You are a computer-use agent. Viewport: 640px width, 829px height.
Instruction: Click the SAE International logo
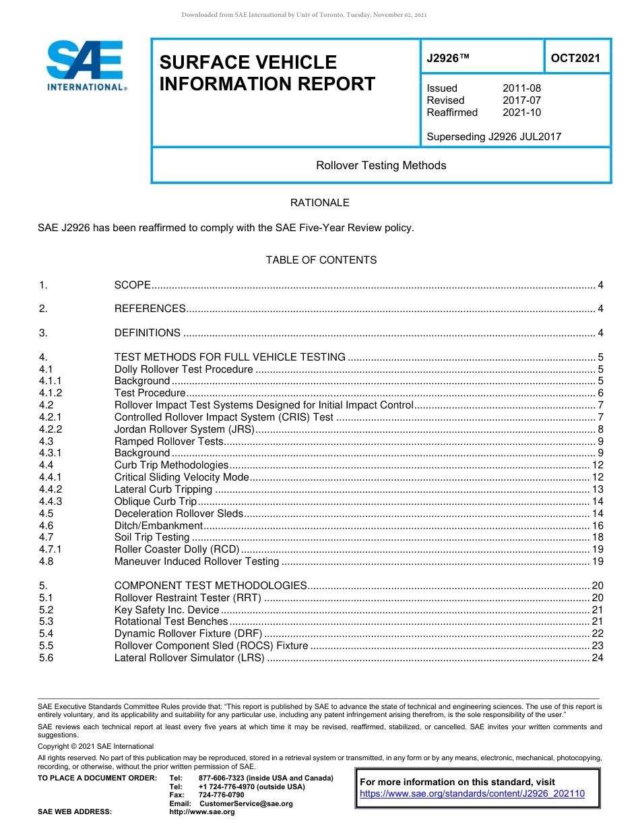pos(86,65)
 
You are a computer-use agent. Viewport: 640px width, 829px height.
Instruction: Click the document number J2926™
pos(447,58)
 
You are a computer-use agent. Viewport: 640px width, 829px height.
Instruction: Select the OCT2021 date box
pos(575,58)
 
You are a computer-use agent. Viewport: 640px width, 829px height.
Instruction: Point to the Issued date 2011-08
pos(521,88)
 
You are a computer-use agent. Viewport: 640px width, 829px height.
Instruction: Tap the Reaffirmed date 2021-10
pos(521,113)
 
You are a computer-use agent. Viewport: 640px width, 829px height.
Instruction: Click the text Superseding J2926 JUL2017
pos(494,137)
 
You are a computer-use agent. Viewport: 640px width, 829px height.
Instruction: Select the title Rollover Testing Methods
pos(381,166)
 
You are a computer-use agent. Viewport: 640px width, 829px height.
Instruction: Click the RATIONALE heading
pos(319,203)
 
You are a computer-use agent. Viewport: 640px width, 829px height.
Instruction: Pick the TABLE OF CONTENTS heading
pos(321,260)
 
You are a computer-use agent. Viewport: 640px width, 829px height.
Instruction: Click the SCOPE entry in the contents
pos(132,285)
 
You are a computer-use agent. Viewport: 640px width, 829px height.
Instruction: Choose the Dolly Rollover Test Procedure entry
pos(183,369)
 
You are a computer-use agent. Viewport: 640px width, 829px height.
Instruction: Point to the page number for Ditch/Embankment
pos(597,526)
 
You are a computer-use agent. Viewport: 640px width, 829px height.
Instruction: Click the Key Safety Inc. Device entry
pos(166,610)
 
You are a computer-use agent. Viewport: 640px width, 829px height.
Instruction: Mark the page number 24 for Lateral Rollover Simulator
pos(597,658)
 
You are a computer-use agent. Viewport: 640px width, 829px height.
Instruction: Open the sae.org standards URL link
pos(472,794)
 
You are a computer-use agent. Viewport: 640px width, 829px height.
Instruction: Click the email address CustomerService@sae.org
pos(246,803)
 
